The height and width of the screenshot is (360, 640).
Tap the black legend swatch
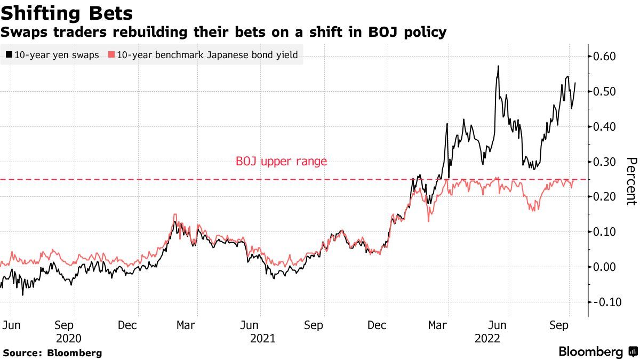[x=10, y=54]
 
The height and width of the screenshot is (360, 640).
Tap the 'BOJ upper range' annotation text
[x=281, y=161]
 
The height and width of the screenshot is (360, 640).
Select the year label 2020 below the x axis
[x=69, y=338]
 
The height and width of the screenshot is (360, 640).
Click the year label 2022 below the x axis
[x=487, y=338]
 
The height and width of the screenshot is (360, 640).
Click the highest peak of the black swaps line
[x=498, y=66]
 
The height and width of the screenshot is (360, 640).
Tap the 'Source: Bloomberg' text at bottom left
[x=52, y=353]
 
